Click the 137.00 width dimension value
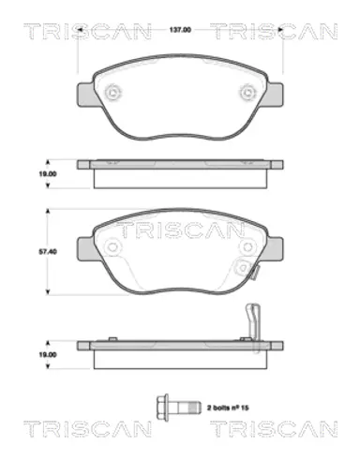point(180,30)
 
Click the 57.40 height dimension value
point(48,251)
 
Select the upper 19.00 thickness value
point(48,174)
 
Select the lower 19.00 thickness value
point(48,355)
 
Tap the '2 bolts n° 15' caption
point(228,408)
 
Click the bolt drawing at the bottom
point(177,407)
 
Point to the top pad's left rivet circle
point(112,92)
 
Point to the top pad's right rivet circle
point(248,92)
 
